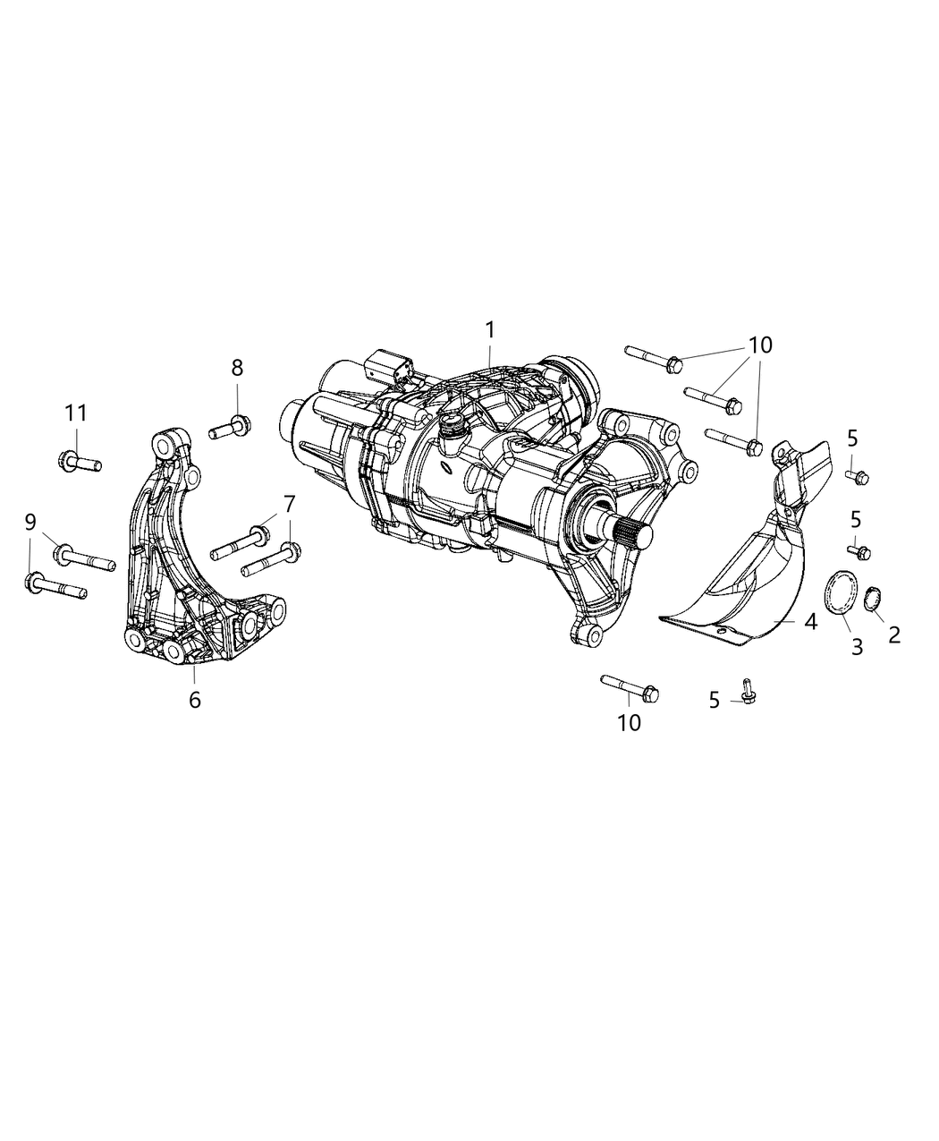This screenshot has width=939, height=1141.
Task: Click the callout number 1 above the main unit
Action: [490, 329]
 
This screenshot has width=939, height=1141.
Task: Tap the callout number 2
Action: [894, 634]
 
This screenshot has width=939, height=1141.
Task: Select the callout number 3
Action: [857, 646]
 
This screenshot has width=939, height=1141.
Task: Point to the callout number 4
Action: [810, 620]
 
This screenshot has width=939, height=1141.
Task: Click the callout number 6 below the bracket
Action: [195, 699]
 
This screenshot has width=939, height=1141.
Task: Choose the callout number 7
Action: [289, 504]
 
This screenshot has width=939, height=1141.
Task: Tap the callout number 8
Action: [237, 367]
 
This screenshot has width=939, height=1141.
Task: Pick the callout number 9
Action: [30, 520]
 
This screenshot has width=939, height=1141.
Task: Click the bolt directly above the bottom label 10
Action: [631, 686]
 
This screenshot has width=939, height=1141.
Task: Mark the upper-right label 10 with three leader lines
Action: [760, 345]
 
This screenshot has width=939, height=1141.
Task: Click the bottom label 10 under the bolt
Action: [629, 722]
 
